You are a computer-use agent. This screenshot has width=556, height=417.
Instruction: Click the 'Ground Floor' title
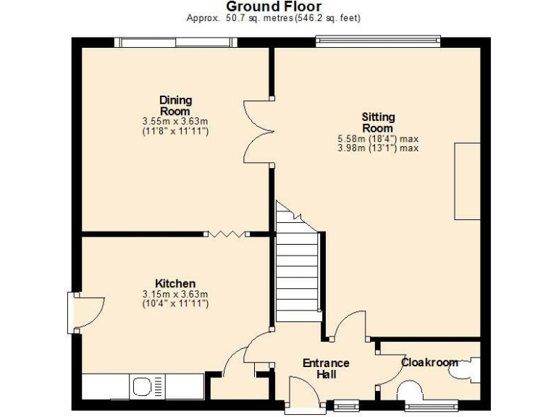[279, 7]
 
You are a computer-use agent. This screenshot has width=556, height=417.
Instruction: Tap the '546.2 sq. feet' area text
[327, 18]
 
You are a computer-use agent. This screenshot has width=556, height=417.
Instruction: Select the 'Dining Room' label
[175, 106]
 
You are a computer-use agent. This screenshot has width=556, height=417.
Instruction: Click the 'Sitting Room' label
[378, 122]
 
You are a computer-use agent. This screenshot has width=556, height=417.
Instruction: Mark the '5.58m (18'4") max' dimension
[378, 138]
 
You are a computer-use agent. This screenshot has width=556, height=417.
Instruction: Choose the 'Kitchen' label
[175, 283]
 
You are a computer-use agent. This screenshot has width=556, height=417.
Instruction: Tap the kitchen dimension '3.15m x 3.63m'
[175, 294]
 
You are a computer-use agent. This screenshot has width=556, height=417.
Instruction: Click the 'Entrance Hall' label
[326, 368]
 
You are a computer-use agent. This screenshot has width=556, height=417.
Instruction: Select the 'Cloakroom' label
[429, 362]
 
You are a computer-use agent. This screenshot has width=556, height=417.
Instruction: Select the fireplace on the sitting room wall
[467, 181]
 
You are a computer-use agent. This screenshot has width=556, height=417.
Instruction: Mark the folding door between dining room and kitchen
[226, 233]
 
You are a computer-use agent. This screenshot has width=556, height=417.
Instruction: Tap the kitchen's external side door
[85, 312]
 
